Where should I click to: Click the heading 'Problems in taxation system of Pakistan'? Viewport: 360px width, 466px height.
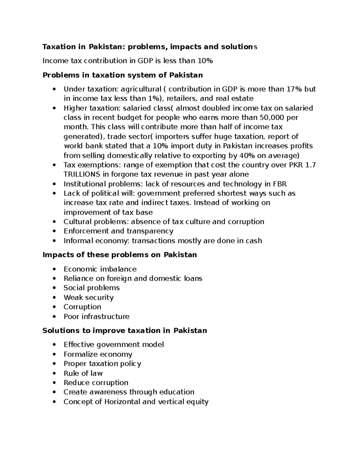pos(122,75)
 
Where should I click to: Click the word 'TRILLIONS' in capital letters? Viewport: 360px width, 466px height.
pos(82,174)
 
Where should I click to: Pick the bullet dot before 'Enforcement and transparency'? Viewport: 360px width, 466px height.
pos(54,231)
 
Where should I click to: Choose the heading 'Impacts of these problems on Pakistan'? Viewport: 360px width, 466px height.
pos(120,255)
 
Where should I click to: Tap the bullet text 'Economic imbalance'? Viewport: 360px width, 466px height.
pos(100,269)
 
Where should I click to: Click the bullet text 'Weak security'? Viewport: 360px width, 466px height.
pos(88,298)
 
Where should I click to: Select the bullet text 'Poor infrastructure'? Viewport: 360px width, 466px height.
pos(96,317)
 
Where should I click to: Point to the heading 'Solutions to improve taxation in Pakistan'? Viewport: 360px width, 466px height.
pos(124,331)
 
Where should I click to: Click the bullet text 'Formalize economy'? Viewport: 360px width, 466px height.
pos(98,354)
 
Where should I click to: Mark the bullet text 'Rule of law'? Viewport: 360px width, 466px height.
pos(83,373)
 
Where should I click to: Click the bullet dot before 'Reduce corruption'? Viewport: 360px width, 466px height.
pos(54,383)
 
